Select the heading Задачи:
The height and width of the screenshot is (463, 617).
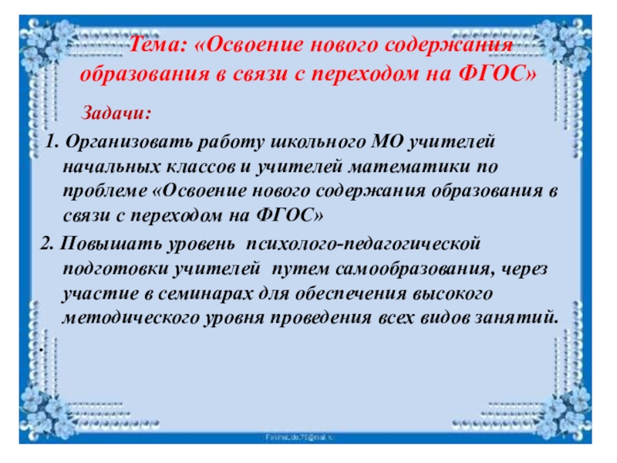click(117, 113)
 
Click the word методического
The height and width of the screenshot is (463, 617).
click(123, 317)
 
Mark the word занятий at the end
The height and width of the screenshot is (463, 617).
click(524, 317)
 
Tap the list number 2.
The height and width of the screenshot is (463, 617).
click(44, 245)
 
